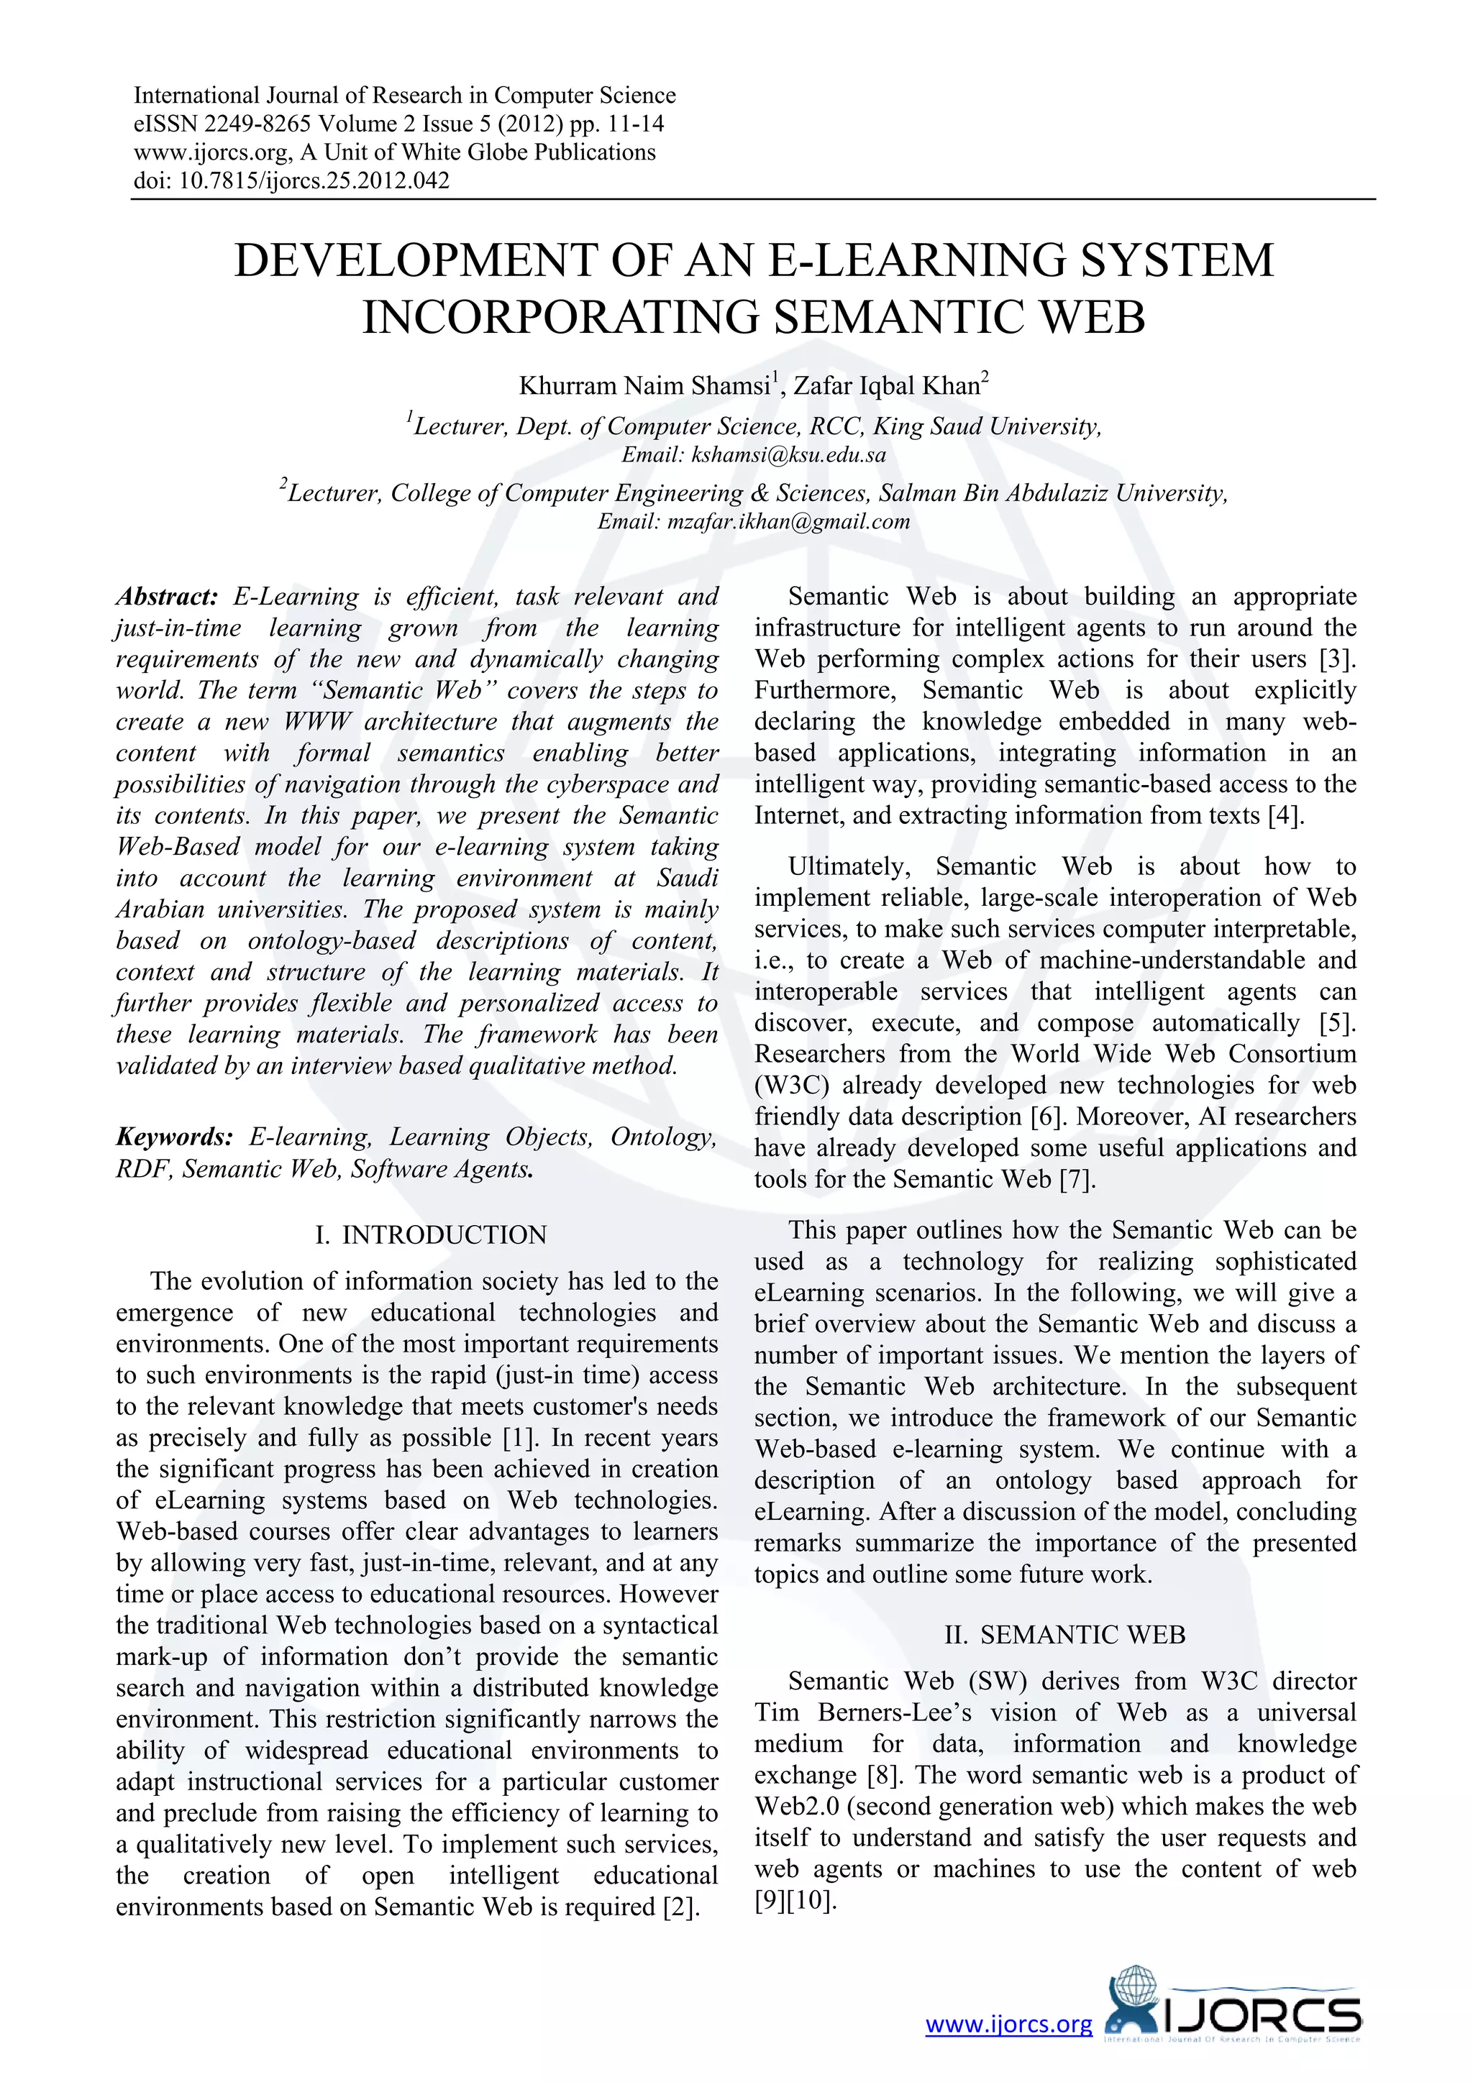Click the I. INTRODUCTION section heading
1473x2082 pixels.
[431, 1235]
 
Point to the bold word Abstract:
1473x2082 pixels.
[167, 597]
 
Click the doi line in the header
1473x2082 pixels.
[291, 180]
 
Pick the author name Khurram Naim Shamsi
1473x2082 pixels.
[644, 386]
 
